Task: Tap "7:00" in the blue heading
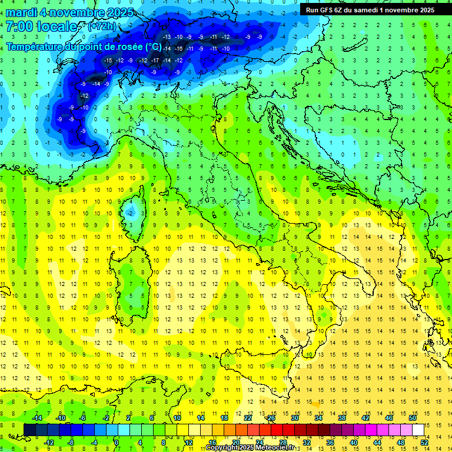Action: pos(19,26)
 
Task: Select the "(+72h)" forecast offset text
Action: pos(101,26)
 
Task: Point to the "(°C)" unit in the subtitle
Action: pos(153,46)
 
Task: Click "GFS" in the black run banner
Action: pos(327,9)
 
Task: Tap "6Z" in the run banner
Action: pos(340,9)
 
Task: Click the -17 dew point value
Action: pos(155,61)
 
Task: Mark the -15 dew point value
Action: pos(108,61)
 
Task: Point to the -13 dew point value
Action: pos(167,36)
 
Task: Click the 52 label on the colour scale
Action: pos(424,443)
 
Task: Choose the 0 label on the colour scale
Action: pos(117,443)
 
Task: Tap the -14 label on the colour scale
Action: pos(36,417)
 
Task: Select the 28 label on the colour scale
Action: pos(282,443)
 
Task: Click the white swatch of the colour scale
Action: pos(418,430)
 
